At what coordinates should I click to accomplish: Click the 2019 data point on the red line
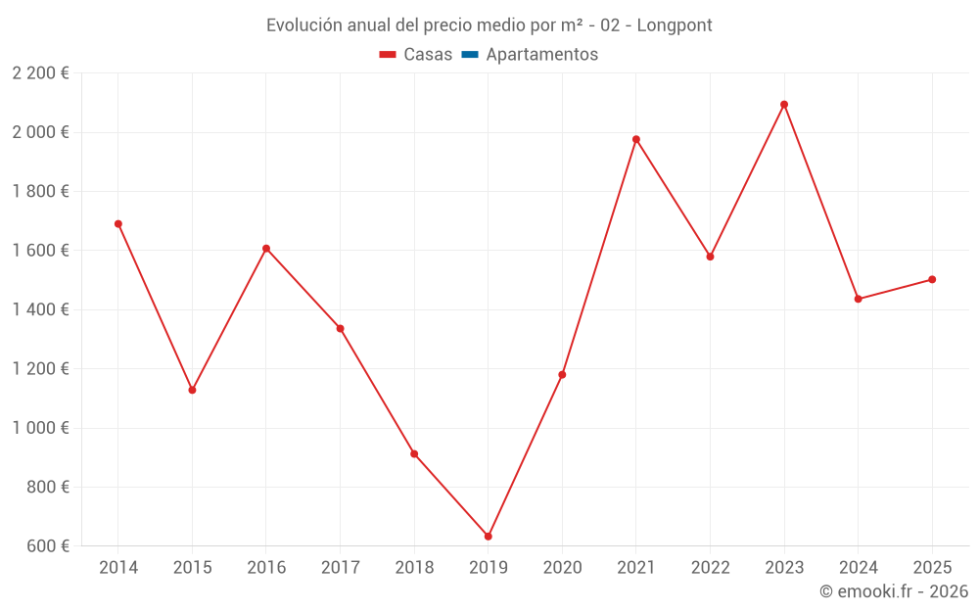pos(489,537)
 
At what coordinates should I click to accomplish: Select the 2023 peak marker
pos(784,105)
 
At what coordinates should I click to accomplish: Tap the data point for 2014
pos(118,224)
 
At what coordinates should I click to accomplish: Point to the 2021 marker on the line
pos(636,139)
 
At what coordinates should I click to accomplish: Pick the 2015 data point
pos(192,391)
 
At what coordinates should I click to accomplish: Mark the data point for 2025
pos(932,280)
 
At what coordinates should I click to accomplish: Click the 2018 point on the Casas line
pos(414,454)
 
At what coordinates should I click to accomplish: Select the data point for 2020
pos(562,375)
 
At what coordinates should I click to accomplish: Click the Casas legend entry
pos(416,54)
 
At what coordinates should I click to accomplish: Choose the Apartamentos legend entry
pos(530,54)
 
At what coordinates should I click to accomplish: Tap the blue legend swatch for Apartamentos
pos(470,54)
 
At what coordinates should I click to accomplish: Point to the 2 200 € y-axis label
pos(40,73)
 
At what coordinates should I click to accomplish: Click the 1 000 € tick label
pos(40,428)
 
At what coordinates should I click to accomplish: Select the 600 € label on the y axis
pos(47,545)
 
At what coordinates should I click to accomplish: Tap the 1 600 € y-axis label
pos(40,251)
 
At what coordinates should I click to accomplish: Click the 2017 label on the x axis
pos(341,567)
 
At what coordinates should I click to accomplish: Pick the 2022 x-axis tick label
pos(711,567)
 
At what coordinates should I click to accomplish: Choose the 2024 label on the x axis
pos(859,567)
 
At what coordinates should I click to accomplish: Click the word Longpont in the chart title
pos(675,25)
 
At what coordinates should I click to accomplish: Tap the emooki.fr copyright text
pos(894,590)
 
